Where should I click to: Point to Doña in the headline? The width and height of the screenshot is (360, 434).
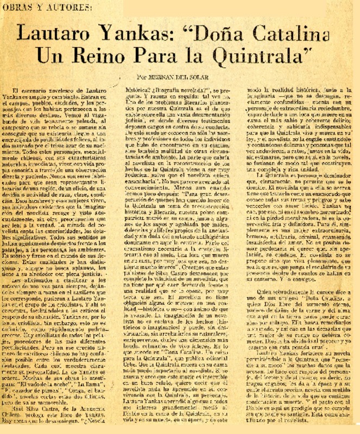coord(220,35)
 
